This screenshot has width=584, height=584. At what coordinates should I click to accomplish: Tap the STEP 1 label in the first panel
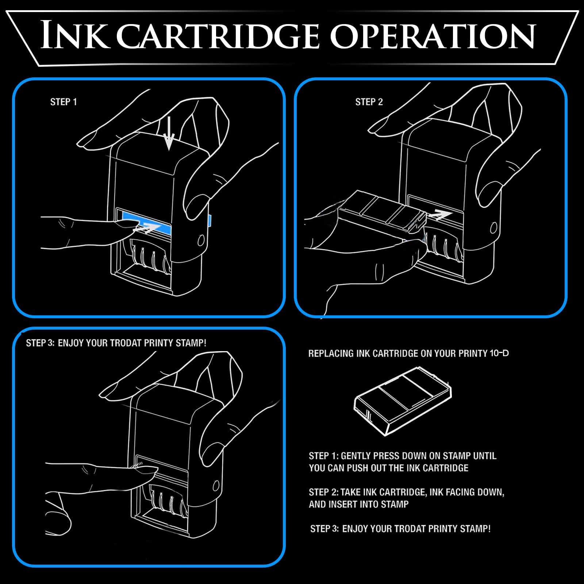[x=64, y=102]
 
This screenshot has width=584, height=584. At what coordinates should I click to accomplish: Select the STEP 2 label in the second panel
[x=369, y=102]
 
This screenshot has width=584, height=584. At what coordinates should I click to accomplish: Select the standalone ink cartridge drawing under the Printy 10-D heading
[x=403, y=401]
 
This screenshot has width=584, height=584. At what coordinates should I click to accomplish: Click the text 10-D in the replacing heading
[x=499, y=353]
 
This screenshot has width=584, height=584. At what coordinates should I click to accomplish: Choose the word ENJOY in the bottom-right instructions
[x=355, y=529]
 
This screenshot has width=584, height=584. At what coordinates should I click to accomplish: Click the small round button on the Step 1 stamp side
[x=201, y=240]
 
